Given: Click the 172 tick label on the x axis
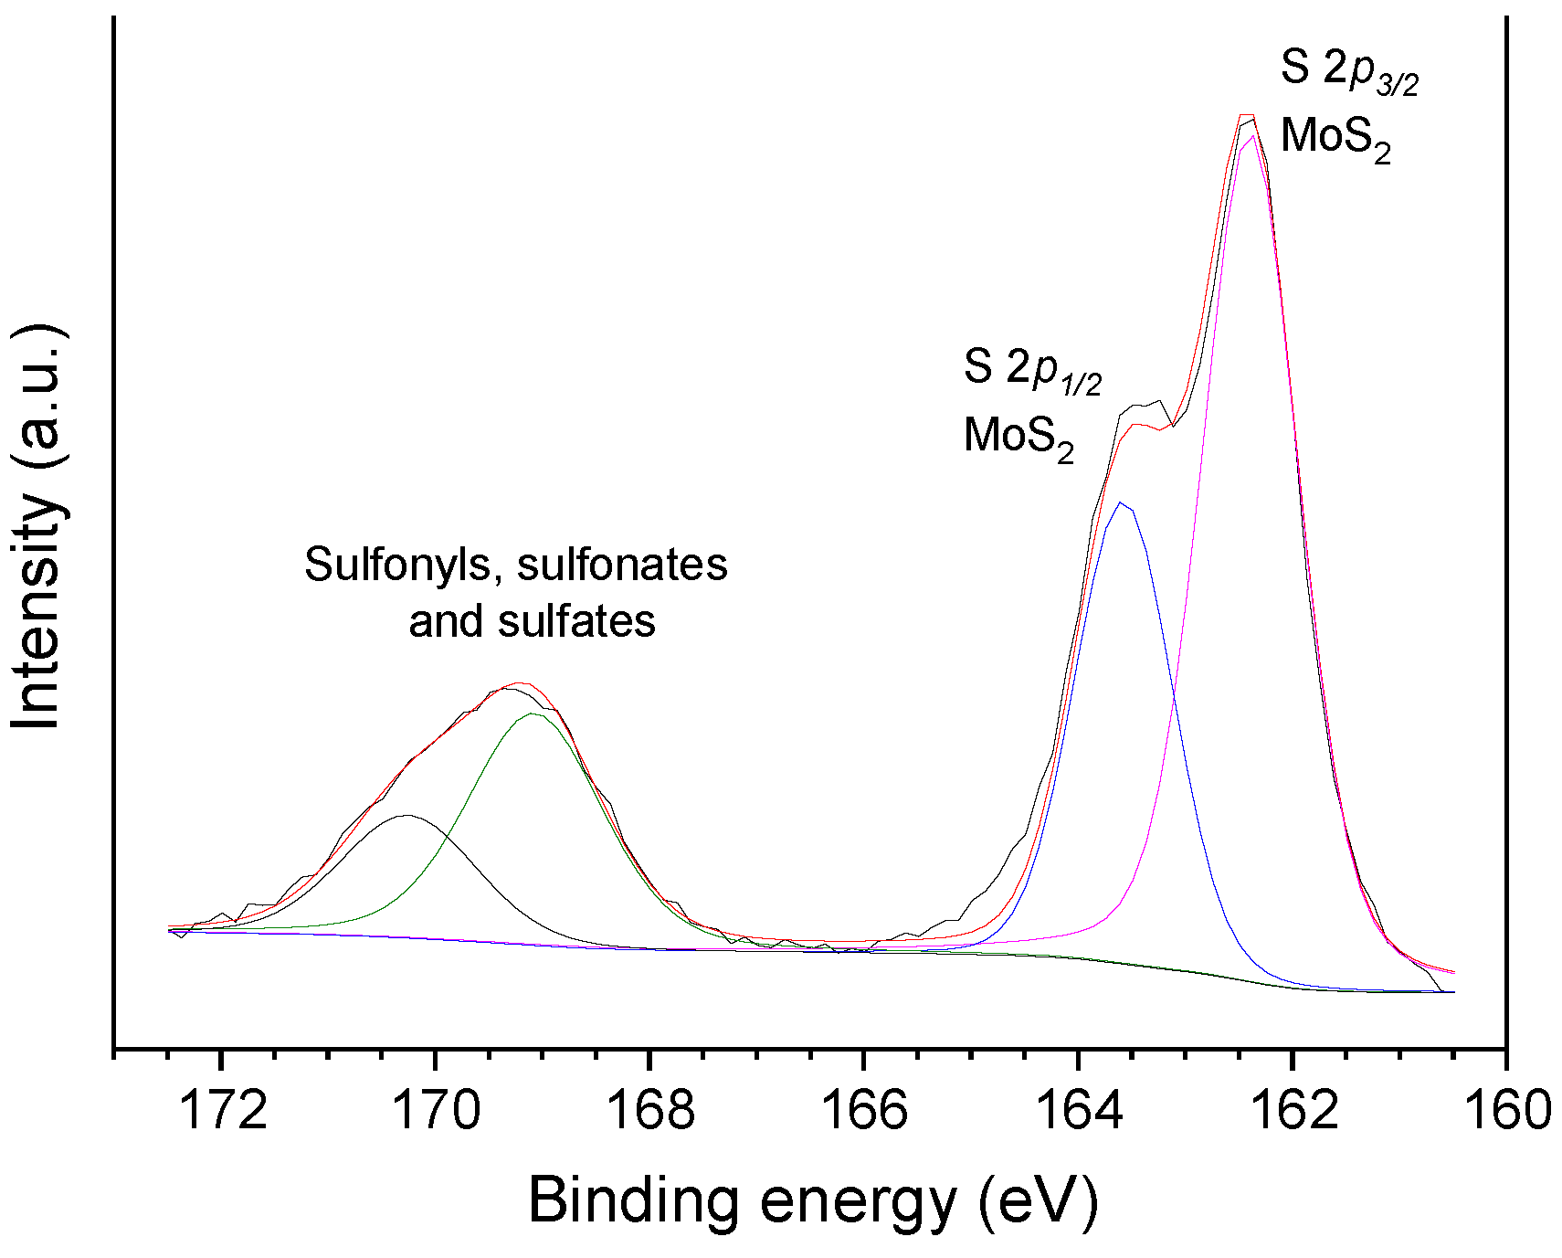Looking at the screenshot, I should [223, 1111].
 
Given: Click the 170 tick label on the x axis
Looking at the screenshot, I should [437, 1111].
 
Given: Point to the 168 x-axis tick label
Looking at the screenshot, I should [650, 1111].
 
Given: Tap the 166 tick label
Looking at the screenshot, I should [865, 1111].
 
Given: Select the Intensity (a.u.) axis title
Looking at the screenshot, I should [38, 528].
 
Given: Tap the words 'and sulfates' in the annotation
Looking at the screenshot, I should [532, 622].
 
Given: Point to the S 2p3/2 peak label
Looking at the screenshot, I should [1349, 69].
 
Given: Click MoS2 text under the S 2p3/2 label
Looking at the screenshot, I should [1335, 138].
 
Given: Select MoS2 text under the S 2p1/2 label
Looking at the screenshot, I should [1018, 437].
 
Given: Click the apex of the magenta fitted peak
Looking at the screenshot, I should [1251, 137].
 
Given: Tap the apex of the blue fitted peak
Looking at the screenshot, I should [1121, 502].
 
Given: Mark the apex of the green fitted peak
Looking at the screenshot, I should [533, 714].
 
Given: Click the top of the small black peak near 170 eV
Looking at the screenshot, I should [406, 815].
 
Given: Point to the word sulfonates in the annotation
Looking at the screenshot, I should [622, 566].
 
